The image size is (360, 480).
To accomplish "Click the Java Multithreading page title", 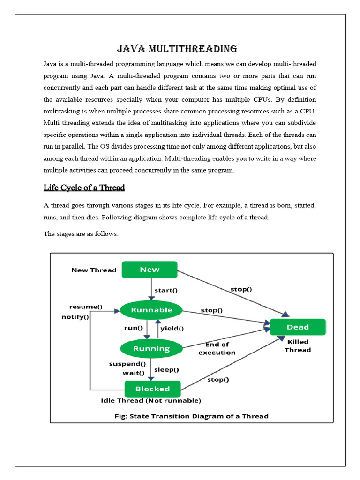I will [177, 49].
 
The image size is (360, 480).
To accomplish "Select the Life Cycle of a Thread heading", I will [84, 188].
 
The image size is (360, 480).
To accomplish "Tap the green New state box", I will [150, 270].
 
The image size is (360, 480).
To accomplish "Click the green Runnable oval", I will [151, 310].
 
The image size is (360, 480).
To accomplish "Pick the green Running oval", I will [151, 349].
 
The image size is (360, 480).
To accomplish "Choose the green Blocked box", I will [152, 389].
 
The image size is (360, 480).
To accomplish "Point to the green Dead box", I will [298, 327].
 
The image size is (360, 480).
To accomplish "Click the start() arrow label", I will [166, 290].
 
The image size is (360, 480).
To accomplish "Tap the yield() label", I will [172, 329].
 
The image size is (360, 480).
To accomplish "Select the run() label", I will [133, 328].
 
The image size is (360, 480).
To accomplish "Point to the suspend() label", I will [127, 364].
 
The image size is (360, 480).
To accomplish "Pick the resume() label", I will [86, 307].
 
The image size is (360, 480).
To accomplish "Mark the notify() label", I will [75, 317].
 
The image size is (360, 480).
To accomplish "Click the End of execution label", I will [217, 349].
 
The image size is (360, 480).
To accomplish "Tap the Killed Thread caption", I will [298, 346].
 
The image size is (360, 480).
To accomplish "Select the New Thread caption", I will [94, 270].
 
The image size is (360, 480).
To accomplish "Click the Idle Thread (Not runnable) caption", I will [151, 401].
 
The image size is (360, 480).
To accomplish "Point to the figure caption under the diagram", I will [192, 416].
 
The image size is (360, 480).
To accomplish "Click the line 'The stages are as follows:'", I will [81, 233].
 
